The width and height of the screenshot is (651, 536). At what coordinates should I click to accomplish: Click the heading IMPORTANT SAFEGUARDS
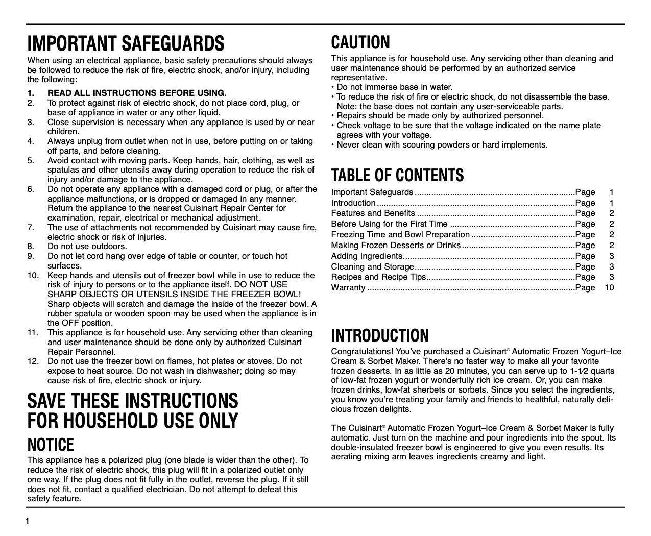click(x=126, y=44)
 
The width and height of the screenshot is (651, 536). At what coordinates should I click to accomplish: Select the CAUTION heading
click(x=360, y=42)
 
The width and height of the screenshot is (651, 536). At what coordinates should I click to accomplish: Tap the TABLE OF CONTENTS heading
click(x=397, y=175)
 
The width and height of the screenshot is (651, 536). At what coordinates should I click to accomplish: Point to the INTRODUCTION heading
click(x=380, y=335)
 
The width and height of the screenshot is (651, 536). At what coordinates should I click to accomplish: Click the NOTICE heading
click(x=51, y=445)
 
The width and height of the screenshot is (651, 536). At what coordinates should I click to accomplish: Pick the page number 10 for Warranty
click(x=609, y=288)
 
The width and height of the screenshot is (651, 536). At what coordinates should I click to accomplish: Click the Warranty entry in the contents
click(x=348, y=288)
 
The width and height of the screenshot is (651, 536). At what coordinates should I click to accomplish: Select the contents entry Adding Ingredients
click(x=367, y=256)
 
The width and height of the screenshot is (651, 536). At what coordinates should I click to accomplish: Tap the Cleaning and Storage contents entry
click(x=372, y=266)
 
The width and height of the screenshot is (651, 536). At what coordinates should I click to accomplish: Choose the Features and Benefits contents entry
click(x=373, y=213)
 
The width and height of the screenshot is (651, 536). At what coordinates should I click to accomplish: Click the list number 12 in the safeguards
click(x=33, y=361)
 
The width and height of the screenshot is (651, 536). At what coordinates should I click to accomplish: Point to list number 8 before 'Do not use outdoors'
click(x=31, y=247)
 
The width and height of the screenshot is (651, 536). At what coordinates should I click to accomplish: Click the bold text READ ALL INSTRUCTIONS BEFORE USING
click(x=137, y=93)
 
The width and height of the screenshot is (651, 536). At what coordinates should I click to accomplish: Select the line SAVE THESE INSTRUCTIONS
click(x=133, y=400)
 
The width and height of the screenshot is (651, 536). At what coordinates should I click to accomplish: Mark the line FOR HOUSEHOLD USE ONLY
click(x=133, y=421)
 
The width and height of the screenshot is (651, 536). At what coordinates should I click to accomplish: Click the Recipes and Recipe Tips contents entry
click(x=378, y=277)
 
